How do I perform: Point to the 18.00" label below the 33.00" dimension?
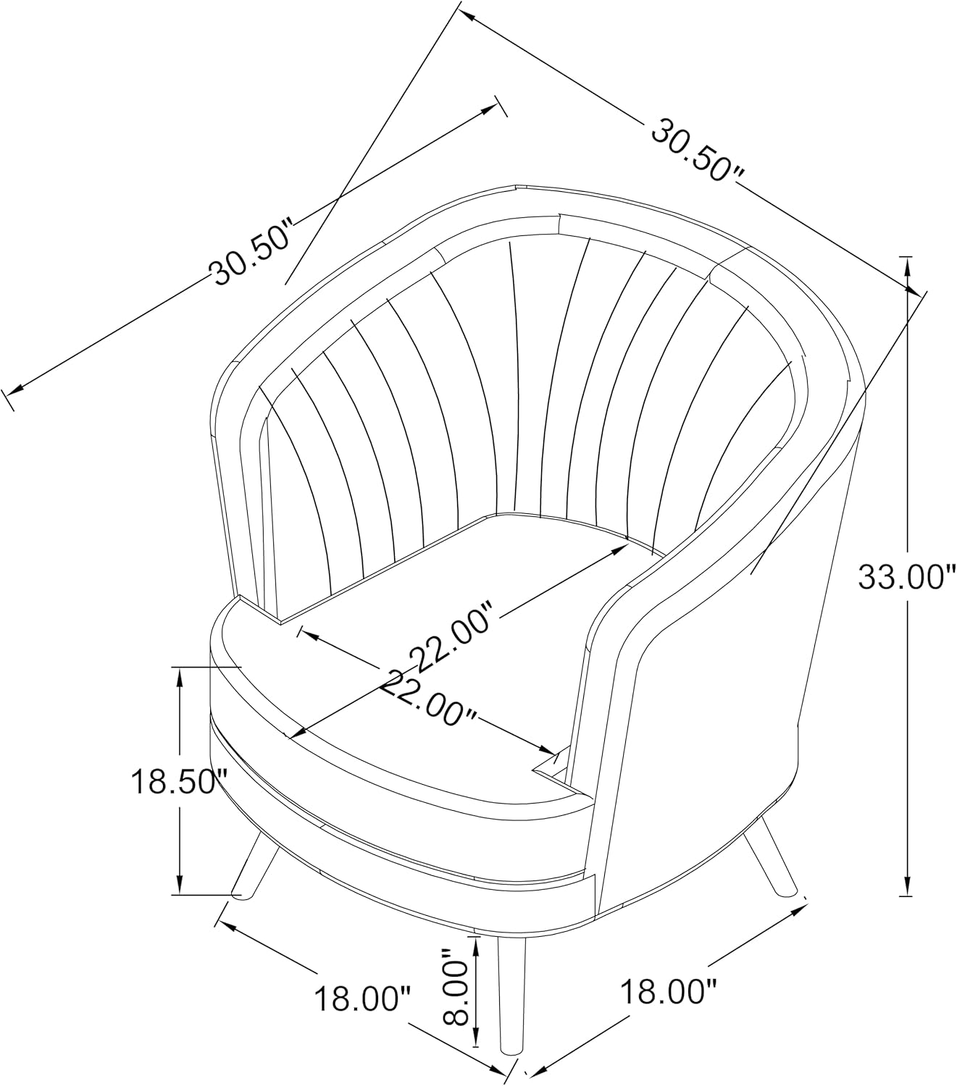pos(669,992)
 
